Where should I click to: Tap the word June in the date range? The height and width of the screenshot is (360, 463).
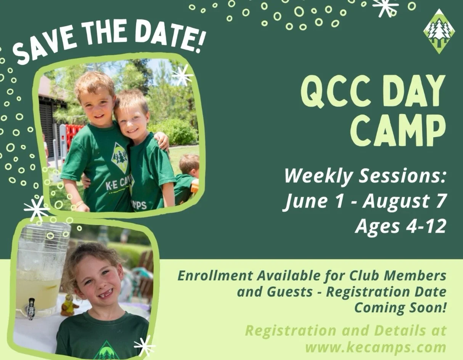pyautogui.click(x=304, y=201)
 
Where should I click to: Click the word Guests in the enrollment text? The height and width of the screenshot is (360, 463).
pyautogui.click(x=290, y=292)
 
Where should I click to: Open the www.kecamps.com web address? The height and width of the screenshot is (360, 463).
pyautogui.click(x=376, y=347)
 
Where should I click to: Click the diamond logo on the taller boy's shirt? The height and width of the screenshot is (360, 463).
pyautogui.click(x=119, y=157)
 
